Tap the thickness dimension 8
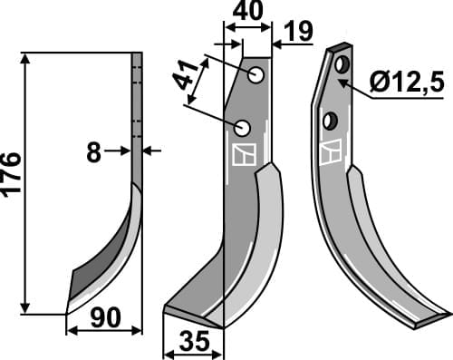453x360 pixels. tap(93, 152)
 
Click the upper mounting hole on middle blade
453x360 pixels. tap(256, 74)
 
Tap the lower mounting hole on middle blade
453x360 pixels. tap(242, 126)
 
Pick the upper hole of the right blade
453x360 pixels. tap(343, 66)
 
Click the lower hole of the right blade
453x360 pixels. tap(332, 118)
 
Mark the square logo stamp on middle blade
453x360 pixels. tap(243, 155)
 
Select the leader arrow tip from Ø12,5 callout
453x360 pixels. tap(344, 80)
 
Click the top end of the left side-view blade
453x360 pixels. tap(137, 55)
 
